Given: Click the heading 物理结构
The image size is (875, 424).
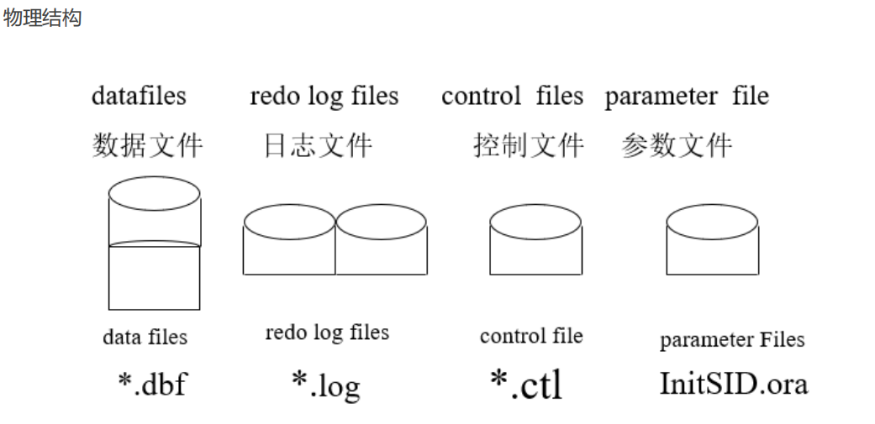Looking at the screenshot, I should coord(42,18).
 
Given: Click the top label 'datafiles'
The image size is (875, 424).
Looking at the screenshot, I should coord(139,96).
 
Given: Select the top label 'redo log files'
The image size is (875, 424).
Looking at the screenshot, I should coord(324,97).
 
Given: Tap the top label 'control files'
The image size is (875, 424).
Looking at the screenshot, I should coord(512,96).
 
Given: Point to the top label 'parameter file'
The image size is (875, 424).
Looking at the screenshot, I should coord(686,96).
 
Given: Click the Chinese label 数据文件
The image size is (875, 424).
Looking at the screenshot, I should coord(147,145).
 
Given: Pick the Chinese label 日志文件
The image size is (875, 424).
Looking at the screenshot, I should coord(318,145).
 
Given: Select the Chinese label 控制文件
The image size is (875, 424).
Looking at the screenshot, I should coord(528,145).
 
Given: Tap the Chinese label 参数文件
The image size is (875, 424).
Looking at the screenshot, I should coord(677,145).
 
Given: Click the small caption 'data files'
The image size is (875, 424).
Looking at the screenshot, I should coord(145,338).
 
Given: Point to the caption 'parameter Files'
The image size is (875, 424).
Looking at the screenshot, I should coord(732,340).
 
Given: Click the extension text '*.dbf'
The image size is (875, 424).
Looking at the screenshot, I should coord(151,385).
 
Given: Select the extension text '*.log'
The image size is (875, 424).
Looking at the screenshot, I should coord(325,385).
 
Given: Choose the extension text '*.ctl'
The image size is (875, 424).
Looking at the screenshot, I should coord(526,385).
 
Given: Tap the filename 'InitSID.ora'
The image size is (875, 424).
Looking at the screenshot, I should coord(733,384).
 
